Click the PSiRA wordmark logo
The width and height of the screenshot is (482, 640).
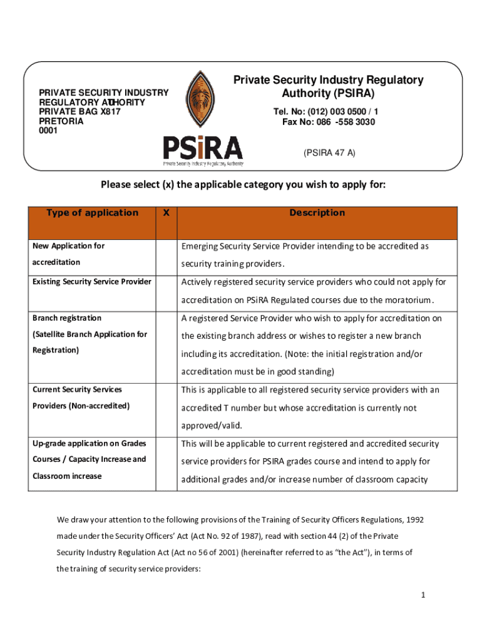[x=203, y=148]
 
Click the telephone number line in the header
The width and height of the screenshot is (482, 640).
[x=326, y=111]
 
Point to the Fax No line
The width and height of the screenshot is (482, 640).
[x=329, y=122]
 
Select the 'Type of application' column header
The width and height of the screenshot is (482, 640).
[x=92, y=212]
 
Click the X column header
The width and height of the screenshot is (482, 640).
[x=166, y=212]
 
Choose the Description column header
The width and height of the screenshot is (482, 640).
[x=317, y=212]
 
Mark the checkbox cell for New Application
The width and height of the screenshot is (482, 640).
[x=166, y=254]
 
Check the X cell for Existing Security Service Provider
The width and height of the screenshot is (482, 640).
[x=166, y=291]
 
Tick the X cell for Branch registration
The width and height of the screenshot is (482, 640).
[x=166, y=344]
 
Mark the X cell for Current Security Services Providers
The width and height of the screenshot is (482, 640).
[x=166, y=407]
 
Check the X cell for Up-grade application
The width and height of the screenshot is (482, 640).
[x=166, y=462]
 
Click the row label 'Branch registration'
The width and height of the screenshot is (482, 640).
[x=67, y=318]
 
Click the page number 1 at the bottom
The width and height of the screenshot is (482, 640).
[x=423, y=595]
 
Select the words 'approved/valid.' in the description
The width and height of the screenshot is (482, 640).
[x=211, y=426]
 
